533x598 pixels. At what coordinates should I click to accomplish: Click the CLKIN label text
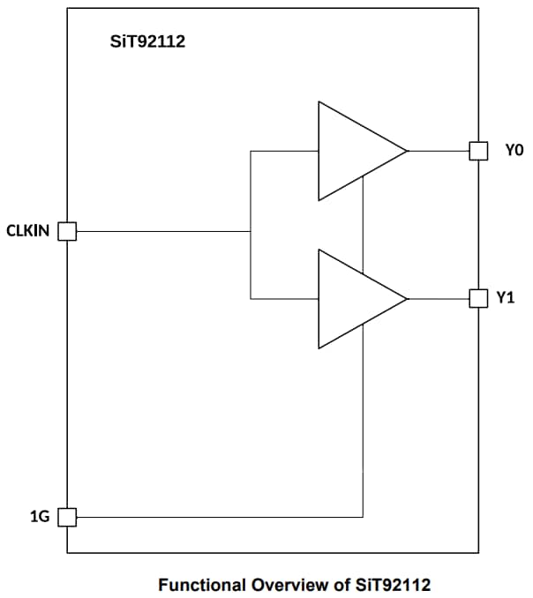tap(29, 232)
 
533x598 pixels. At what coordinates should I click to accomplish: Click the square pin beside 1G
tap(67, 517)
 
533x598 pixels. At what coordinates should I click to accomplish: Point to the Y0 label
tap(514, 151)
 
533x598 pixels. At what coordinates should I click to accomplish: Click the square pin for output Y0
tap(478, 151)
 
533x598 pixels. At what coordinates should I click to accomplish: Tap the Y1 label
tap(505, 298)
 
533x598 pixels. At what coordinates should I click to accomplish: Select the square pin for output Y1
tap(478, 298)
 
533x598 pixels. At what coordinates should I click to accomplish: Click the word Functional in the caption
tap(203, 584)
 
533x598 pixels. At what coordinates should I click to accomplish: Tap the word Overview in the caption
tap(289, 584)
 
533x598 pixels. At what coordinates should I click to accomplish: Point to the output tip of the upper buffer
tap(407, 151)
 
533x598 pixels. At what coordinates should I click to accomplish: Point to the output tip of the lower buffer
tap(407, 298)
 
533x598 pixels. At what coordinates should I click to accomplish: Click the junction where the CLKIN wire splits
tap(251, 232)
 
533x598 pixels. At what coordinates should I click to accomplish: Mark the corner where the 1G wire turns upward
tap(363, 517)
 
